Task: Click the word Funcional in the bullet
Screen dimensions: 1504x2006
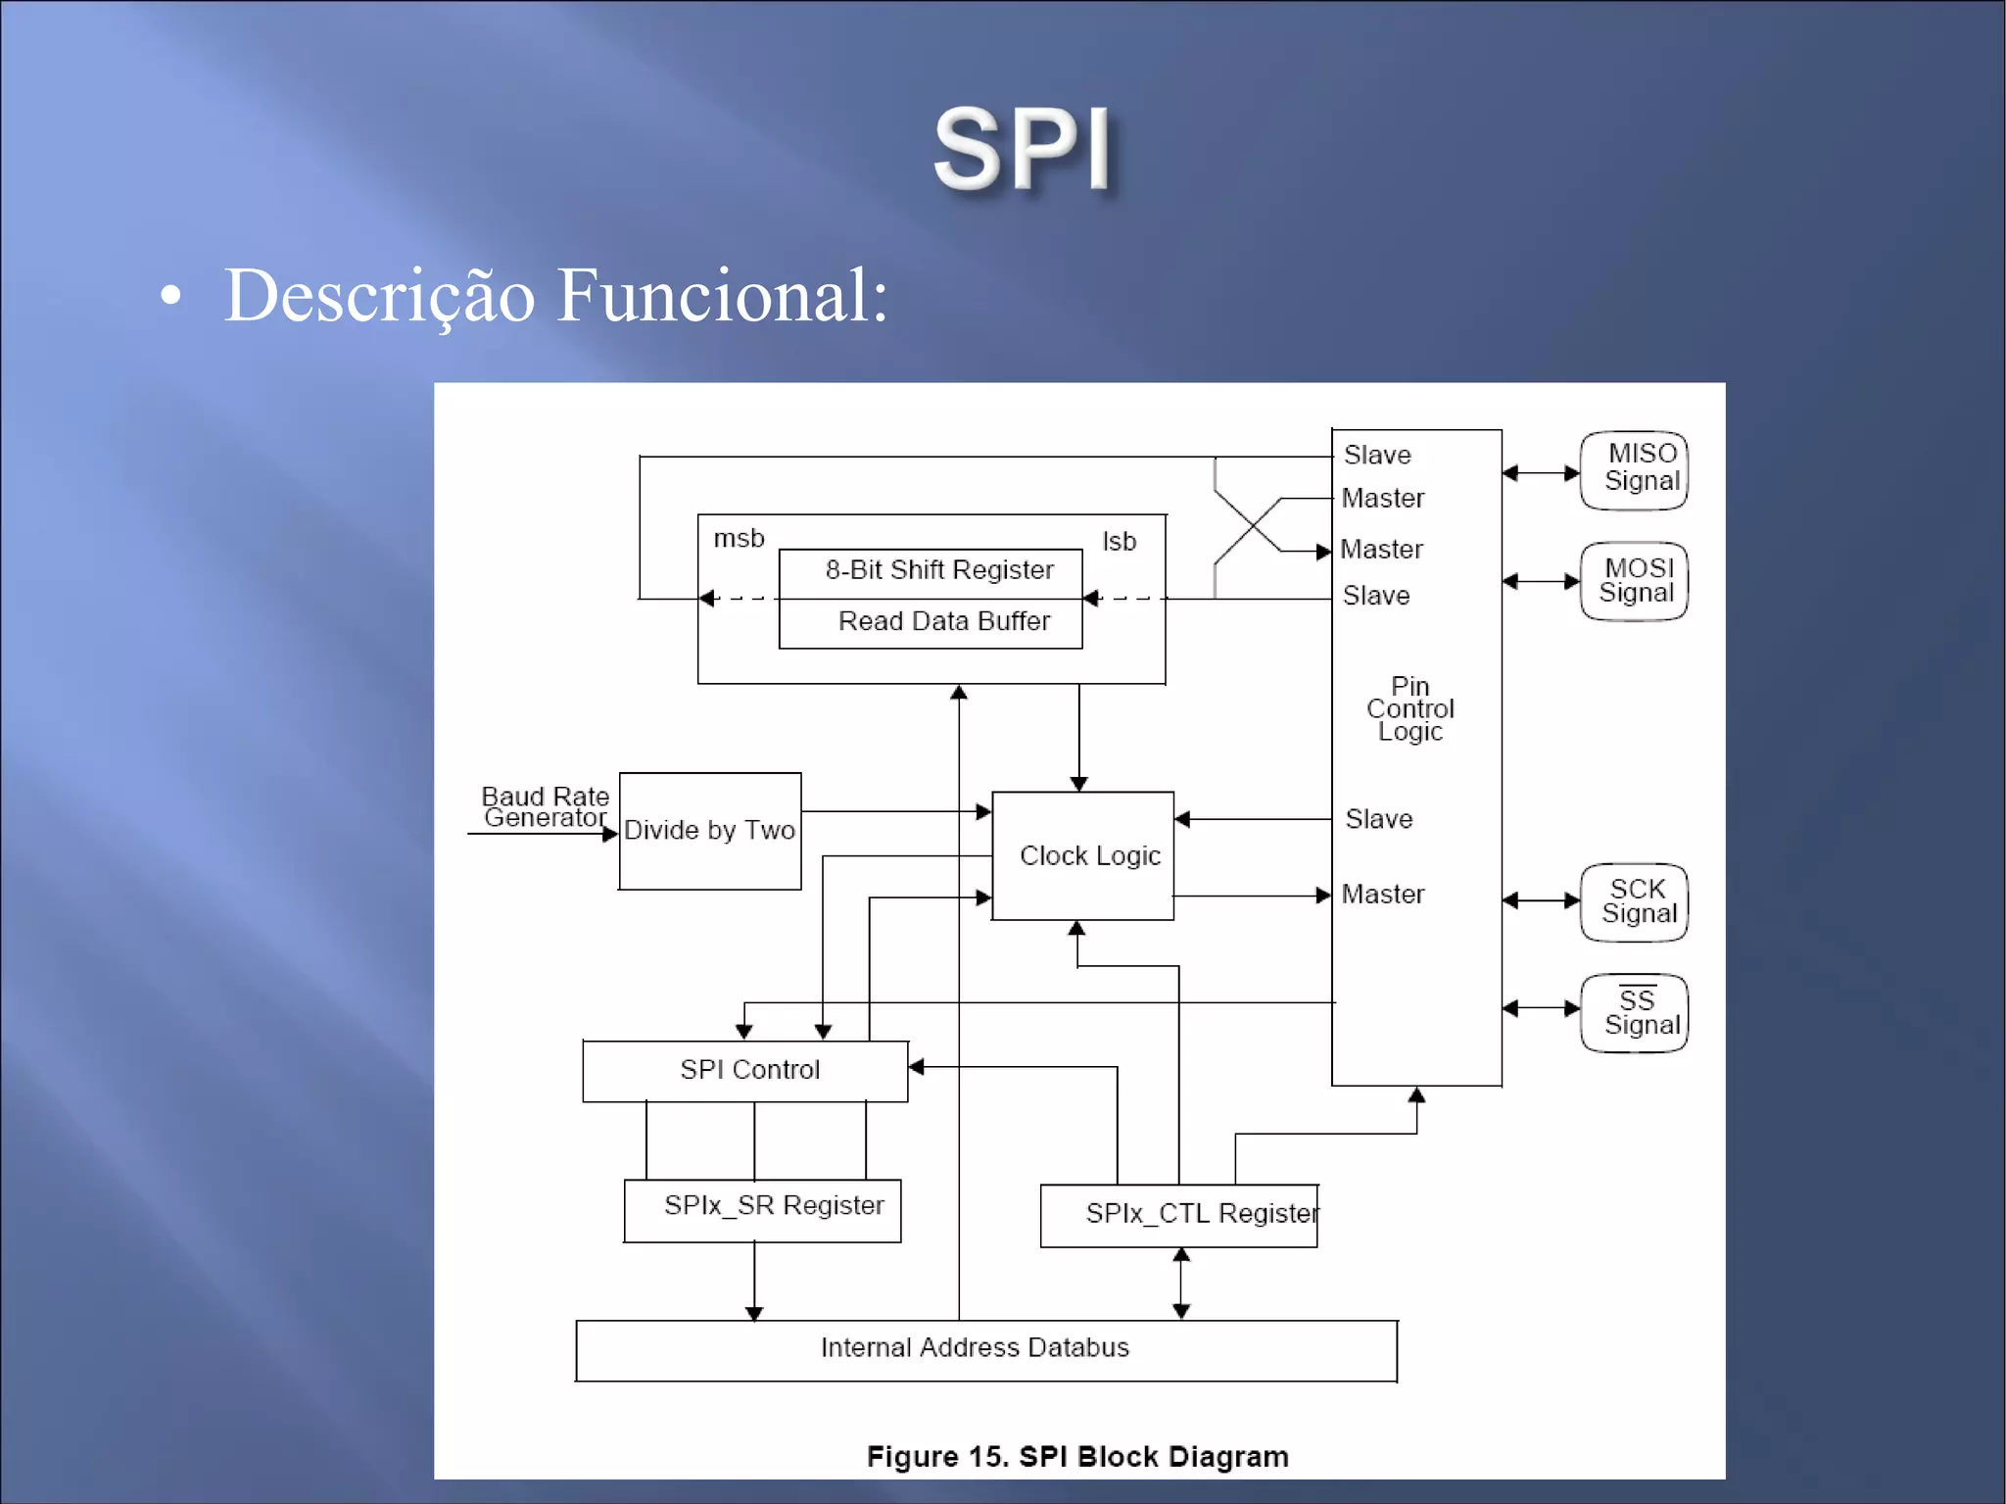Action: coord(722,295)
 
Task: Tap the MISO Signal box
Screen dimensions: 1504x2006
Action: coord(1634,470)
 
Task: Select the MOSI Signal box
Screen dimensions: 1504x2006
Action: coord(1634,581)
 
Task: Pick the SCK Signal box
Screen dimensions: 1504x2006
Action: coord(1634,901)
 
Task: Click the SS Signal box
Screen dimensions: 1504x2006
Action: coord(1634,1013)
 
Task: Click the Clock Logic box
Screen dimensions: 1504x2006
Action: coord(1083,855)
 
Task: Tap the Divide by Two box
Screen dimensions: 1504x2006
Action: coord(710,831)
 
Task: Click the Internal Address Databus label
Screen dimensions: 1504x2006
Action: coord(975,1348)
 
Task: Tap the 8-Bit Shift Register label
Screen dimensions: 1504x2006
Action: coord(938,570)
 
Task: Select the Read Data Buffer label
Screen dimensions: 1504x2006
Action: coord(943,621)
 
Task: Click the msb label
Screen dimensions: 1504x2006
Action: coord(739,539)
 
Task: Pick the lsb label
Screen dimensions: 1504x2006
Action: coord(1119,542)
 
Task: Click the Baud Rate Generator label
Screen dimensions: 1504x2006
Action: coord(545,807)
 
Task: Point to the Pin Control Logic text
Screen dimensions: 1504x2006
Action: coord(1410,709)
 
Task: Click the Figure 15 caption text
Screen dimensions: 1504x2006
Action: coord(1077,1457)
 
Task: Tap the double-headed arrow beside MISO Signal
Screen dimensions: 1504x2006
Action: coord(1541,473)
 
